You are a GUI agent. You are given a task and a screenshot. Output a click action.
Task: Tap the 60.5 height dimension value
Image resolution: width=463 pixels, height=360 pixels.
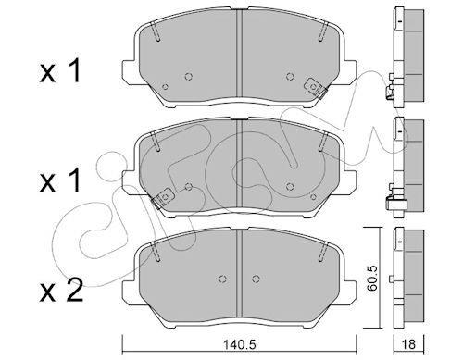click(373, 278)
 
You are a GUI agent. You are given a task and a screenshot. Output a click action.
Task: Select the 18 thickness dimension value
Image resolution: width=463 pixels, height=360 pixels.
click(409, 344)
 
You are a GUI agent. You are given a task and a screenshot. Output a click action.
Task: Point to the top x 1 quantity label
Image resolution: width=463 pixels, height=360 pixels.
click(60, 71)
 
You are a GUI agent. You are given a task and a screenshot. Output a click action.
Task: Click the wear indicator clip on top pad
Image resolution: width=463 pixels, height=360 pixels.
click(315, 88)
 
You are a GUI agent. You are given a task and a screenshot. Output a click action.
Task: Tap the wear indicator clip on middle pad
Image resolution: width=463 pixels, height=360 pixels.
click(163, 198)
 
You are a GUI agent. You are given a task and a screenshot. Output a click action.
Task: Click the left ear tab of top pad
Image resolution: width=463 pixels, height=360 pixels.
click(129, 71)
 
